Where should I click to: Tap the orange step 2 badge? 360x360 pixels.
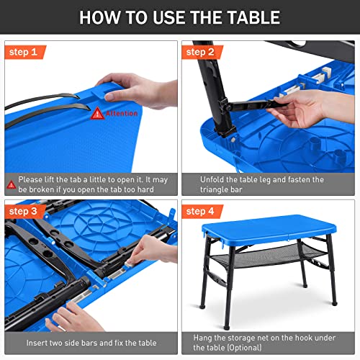(201, 52)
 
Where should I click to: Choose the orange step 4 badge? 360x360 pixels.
(201, 212)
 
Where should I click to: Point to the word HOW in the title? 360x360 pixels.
(102, 17)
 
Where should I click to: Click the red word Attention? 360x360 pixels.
(121, 113)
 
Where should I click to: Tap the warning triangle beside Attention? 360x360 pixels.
(97, 113)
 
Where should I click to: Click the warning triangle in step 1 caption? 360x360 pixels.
(11, 180)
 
